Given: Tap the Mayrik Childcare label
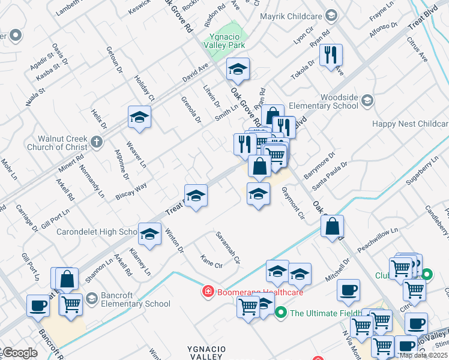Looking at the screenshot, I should point(291,17).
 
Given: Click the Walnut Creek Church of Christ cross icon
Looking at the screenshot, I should point(97,142).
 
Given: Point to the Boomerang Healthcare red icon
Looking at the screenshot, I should point(207,292).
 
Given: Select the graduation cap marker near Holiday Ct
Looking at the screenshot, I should point(139,117).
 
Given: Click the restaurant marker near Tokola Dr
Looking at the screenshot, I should point(331,56).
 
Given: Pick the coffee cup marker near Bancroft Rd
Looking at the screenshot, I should point(38,305).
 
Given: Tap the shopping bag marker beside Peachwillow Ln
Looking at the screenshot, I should point(332,227).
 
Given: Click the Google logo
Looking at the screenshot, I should point(19,353).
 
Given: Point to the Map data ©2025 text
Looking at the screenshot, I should point(423,355).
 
